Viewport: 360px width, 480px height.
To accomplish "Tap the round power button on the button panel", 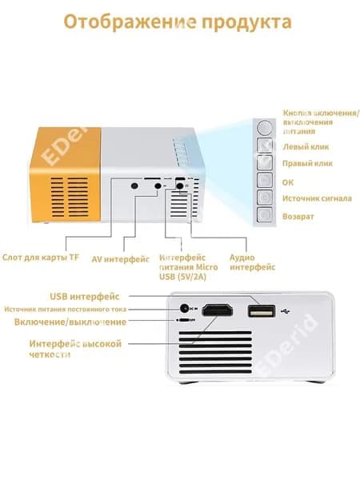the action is (x=265, y=127).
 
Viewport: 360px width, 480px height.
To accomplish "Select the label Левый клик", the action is (x=306, y=147).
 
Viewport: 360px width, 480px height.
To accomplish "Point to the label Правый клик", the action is (x=307, y=163).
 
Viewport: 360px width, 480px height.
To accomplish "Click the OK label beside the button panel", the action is (x=288, y=182).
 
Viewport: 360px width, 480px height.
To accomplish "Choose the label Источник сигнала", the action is (x=317, y=198).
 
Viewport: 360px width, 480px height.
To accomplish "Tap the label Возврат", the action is (x=298, y=217).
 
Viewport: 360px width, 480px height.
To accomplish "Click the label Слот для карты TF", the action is (x=41, y=257).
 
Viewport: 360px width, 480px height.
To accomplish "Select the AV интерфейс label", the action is (x=120, y=259).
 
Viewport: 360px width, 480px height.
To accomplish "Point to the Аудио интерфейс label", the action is (x=253, y=262).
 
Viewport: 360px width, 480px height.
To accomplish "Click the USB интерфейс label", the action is (x=85, y=296).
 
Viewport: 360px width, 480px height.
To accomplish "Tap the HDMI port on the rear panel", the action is (x=218, y=310).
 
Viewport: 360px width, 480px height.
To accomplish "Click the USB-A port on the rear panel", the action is (x=261, y=311).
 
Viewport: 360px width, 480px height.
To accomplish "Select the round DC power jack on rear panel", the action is (x=184, y=308).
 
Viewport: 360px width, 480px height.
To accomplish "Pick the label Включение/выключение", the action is (x=70, y=322).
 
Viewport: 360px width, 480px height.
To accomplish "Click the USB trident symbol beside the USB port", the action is (x=286, y=311).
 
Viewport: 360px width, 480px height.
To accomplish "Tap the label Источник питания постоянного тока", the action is (x=66, y=309).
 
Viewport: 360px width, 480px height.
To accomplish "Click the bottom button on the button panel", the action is (x=265, y=214).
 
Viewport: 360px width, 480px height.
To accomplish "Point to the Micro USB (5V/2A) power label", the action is (x=189, y=267).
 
